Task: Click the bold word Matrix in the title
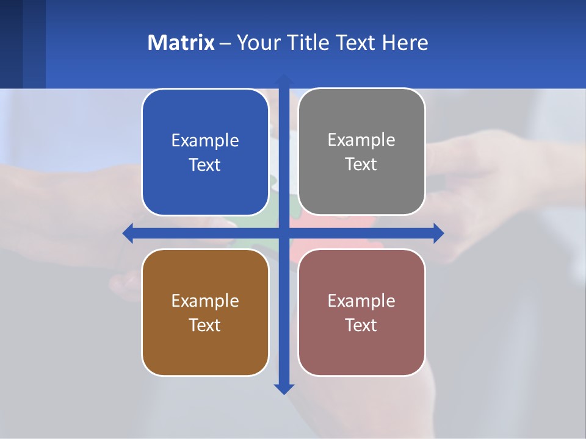pos(181,43)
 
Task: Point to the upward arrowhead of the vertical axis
pos(284,80)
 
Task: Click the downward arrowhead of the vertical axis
pos(284,388)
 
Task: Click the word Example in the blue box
pos(205,140)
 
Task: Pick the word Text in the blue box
pos(205,165)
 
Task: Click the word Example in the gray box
pos(361,140)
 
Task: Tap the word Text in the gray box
pos(361,164)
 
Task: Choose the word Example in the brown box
pos(205,301)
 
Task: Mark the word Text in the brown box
pos(205,325)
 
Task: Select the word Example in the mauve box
pos(361,301)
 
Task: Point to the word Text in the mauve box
pos(361,325)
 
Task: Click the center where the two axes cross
pos(284,233)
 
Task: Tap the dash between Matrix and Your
pos(225,43)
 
